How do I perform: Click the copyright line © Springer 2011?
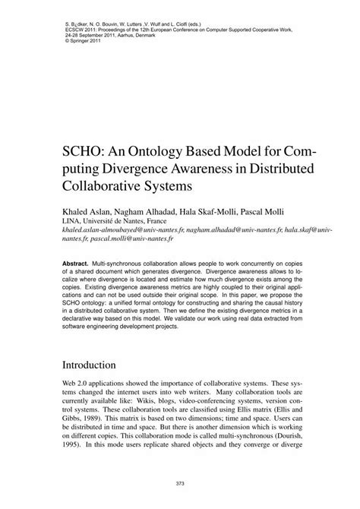[x=74, y=43]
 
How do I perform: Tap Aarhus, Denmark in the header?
[x=144, y=36]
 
